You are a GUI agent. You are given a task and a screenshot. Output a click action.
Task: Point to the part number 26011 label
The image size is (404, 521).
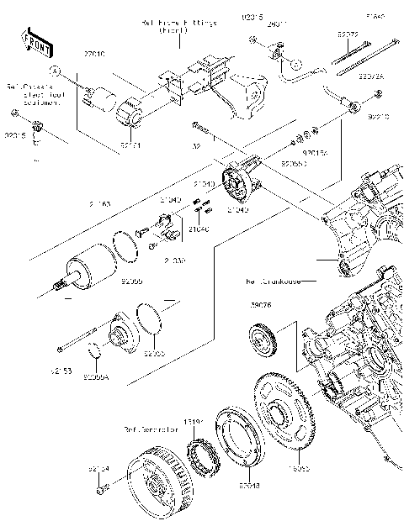tap(278, 24)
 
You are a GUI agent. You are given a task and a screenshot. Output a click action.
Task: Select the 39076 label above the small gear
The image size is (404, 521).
tap(261, 305)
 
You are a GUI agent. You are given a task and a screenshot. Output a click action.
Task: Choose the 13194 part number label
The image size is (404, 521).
tap(194, 423)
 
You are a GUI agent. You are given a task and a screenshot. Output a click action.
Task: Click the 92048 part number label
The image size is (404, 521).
tap(226, 486)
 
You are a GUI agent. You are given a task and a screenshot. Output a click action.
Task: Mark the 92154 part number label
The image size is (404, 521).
tap(98, 466)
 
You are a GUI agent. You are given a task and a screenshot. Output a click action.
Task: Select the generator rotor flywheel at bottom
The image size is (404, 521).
tap(159, 480)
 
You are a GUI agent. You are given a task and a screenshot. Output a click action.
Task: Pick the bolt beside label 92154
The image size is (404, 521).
tap(102, 488)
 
